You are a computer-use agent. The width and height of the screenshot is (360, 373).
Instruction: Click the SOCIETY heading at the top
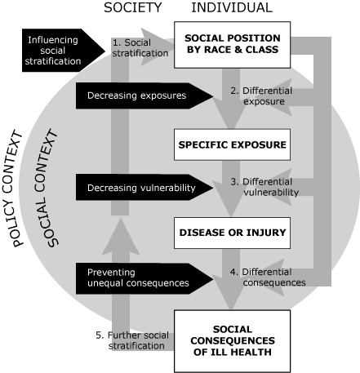pos(133,8)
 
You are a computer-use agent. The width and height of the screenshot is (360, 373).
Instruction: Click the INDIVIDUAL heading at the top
pos(231,8)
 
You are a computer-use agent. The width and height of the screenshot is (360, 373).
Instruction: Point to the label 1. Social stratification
pos(140,47)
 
